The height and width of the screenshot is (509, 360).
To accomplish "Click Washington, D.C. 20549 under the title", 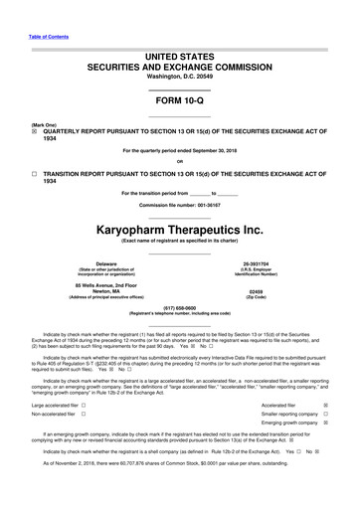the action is coord(179,47).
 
